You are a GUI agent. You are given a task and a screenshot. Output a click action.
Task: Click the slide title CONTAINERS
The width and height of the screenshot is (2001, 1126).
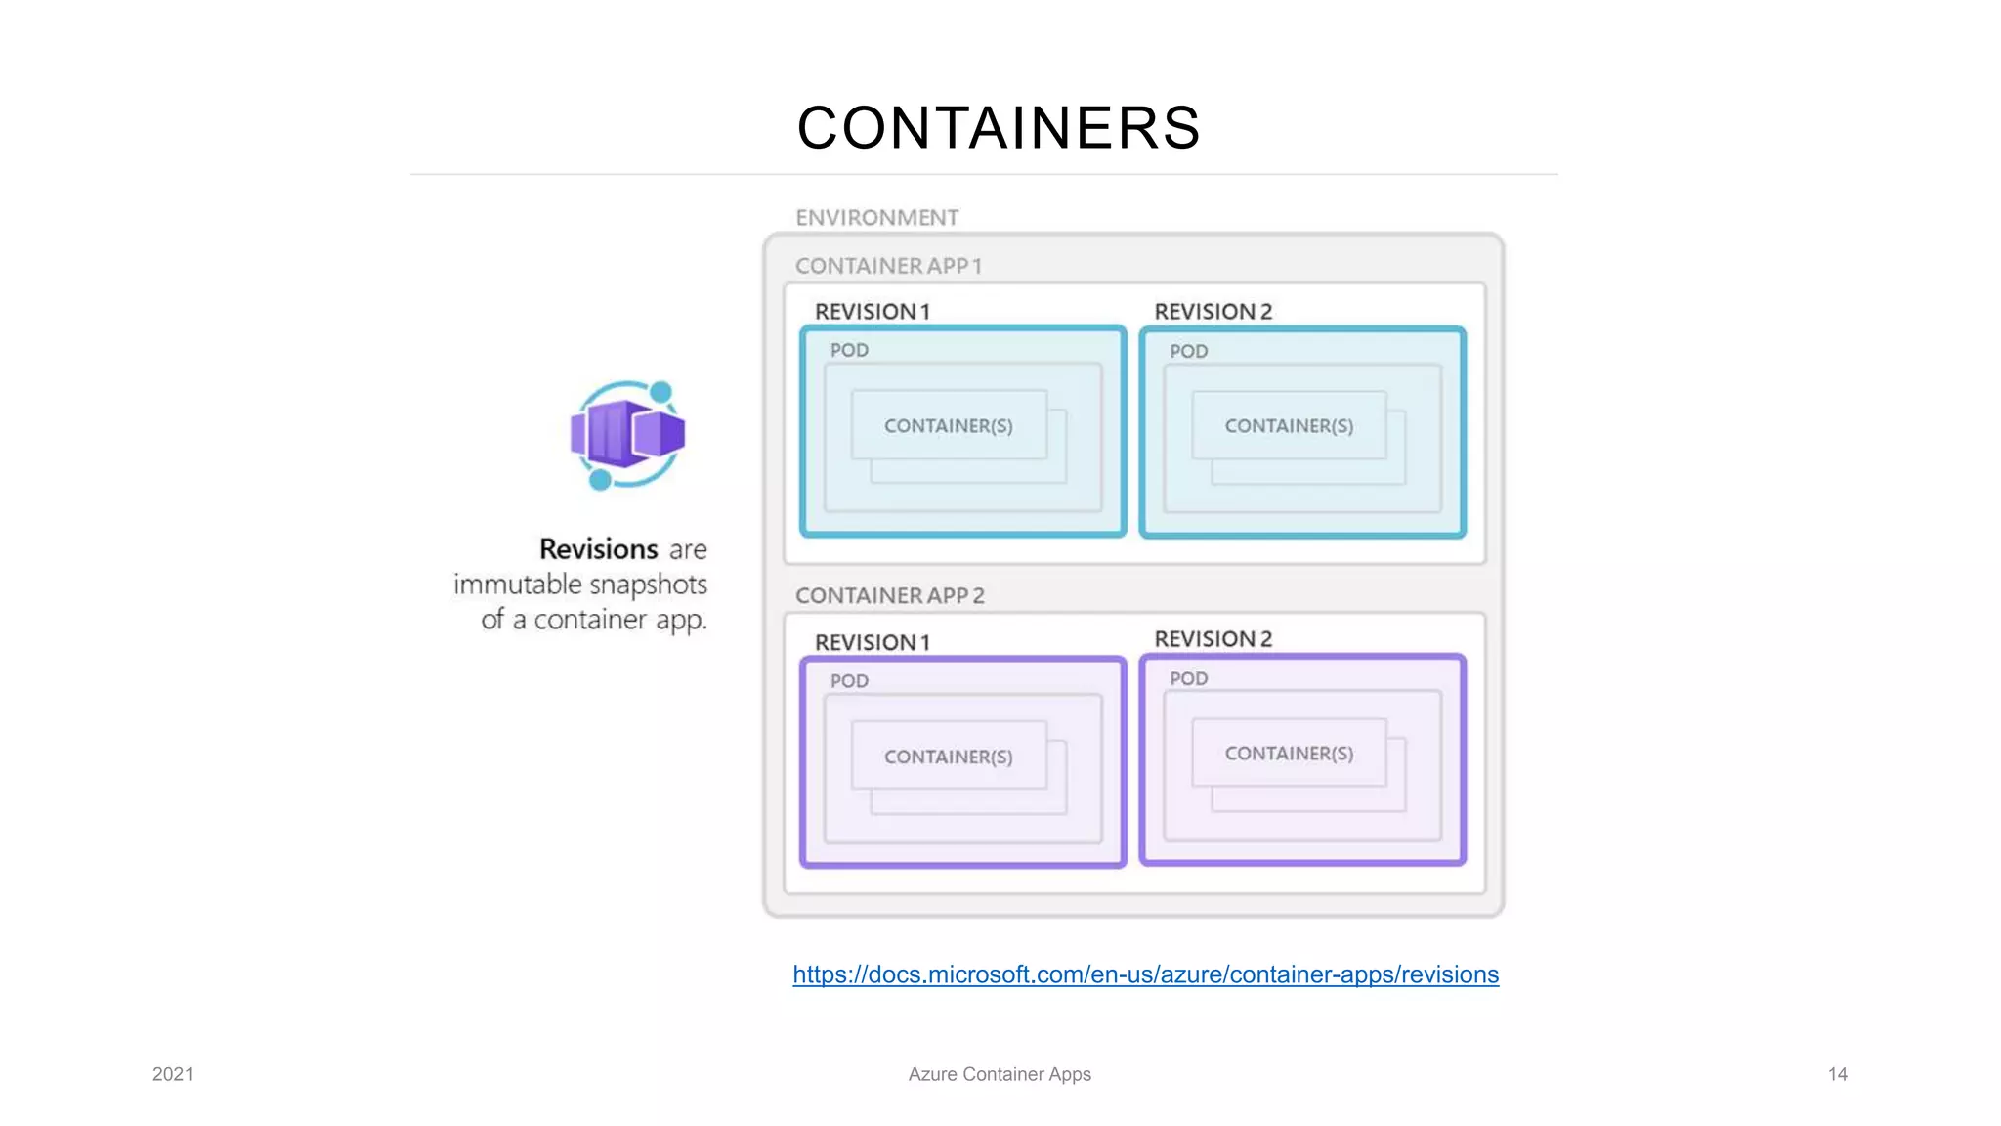(999, 128)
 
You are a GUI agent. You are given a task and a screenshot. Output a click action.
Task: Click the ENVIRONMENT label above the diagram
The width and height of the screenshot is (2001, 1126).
(876, 217)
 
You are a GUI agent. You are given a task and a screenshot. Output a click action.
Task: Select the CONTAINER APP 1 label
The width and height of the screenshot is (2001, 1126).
(888, 266)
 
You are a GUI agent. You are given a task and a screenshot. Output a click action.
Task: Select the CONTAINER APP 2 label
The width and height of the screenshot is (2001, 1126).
(889, 595)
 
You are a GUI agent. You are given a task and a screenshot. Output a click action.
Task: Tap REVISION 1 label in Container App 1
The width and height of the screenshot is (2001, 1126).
(872, 312)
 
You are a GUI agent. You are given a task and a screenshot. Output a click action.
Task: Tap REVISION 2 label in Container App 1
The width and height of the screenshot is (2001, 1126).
(1213, 312)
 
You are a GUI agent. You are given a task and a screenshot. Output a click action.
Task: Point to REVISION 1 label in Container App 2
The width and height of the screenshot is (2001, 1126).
(872, 643)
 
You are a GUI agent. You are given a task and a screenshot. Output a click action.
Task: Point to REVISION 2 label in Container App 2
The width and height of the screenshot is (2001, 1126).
(1213, 639)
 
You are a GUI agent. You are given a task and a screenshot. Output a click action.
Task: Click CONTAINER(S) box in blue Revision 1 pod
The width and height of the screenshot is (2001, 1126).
(948, 426)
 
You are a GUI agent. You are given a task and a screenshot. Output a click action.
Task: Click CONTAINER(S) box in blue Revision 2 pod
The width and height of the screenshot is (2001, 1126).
(1289, 426)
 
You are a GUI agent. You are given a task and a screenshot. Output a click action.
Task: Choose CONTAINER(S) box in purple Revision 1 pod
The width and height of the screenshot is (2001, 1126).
(948, 757)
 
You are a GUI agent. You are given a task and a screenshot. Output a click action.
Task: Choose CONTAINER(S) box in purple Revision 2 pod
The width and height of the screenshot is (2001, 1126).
(1289, 754)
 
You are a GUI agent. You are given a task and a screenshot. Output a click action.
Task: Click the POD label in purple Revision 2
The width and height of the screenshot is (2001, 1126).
(1188, 678)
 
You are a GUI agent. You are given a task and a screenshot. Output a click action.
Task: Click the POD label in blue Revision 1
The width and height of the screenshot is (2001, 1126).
(849, 350)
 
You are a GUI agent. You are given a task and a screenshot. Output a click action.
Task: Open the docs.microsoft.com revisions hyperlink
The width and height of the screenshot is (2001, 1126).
(1145, 974)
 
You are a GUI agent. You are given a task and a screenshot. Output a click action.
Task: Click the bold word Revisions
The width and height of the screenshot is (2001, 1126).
(598, 549)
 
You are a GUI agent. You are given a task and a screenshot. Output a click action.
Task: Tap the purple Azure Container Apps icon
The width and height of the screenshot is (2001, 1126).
(627, 435)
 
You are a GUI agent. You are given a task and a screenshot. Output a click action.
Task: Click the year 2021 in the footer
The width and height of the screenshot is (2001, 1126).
(173, 1074)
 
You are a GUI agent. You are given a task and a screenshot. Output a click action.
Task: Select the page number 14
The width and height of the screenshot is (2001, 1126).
(1837, 1074)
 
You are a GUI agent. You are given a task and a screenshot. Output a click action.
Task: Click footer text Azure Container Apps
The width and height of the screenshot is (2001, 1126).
(999, 1074)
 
